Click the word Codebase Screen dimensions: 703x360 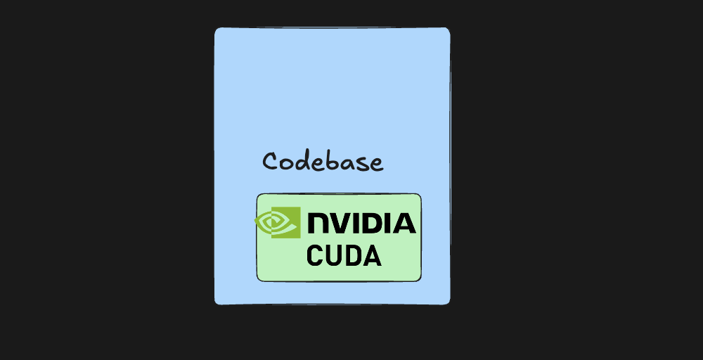pyautogui.click(x=323, y=162)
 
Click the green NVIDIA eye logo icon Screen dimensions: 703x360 pyautogui.click(x=278, y=222)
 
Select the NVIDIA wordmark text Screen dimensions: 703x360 pyautogui.click(x=362, y=224)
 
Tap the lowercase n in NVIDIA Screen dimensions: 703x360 pyautogui.click(x=318, y=224)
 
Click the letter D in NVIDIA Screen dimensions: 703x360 pyautogui.click(x=375, y=224)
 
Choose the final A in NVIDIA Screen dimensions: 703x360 pyautogui.click(x=405, y=224)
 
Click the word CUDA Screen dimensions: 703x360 pyautogui.click(x=344, y=255)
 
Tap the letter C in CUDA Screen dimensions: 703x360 pyautogui.click(x=315, y=255)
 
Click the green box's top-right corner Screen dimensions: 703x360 pyautogui.click(x=420, y=195)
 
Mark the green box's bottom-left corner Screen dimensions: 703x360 pyautogui.click(x=257, y=281)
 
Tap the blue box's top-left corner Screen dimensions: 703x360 pyautogui.click(x=216, y=29)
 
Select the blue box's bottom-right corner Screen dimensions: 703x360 pyautogui.click(x=449, y=304)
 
